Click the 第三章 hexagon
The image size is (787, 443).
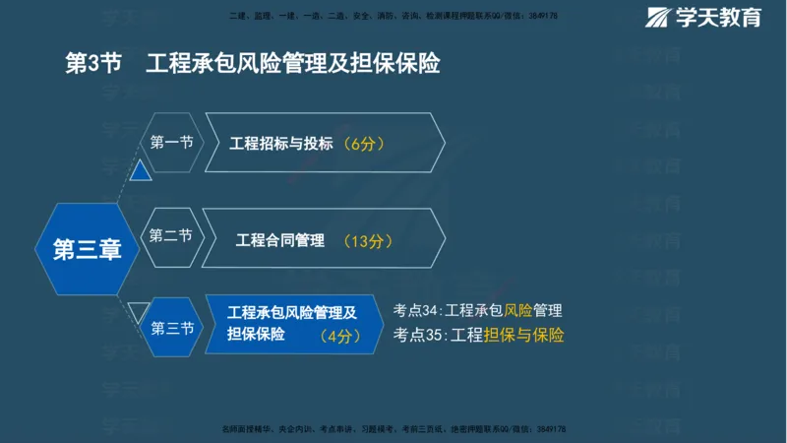[87, 250]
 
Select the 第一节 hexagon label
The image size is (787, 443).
[171, 143]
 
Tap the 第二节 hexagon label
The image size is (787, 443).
[171, 236]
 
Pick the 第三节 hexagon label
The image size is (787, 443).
[172, 329]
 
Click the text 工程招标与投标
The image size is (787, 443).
[280, 144]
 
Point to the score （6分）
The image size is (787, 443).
[358, 144]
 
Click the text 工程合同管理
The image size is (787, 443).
[280, 239]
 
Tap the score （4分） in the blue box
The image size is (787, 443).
[340, 336]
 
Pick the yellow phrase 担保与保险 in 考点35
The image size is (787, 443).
[523, 335]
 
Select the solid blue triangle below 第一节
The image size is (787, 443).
[141, 171]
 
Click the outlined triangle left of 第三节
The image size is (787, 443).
[139, 311]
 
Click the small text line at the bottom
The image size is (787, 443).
[393, 430]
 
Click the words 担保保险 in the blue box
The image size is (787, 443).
[256, 335]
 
